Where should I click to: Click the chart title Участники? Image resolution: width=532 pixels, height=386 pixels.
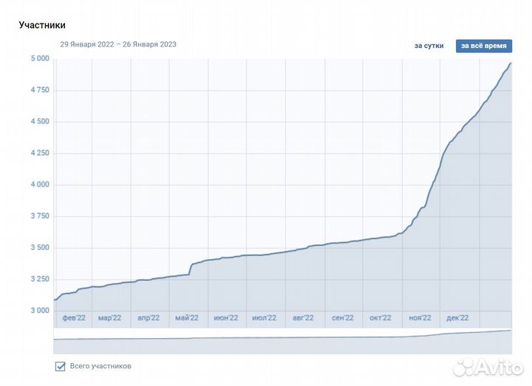tap(42, 25)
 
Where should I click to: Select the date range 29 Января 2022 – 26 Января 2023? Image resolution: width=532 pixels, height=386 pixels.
tap(118, 44)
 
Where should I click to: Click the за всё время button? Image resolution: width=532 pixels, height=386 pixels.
tap(484, 46)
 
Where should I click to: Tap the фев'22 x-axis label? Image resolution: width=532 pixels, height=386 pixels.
tap(74, 318)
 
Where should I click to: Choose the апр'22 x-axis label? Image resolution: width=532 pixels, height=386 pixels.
tap(149, 318)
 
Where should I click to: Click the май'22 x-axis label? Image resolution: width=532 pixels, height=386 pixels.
tap(187, 318)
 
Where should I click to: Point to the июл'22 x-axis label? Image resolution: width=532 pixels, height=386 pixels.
tap(264, 318)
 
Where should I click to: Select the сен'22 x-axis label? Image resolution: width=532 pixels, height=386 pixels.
tap(342, 318)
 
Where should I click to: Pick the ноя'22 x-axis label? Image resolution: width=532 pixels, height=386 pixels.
tap(420, 318)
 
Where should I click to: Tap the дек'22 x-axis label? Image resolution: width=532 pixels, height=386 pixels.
tap(457, 318)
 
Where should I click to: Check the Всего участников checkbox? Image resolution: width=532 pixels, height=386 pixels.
tap(61, 366)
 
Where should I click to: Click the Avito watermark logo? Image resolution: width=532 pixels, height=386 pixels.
tap(488, 368)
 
